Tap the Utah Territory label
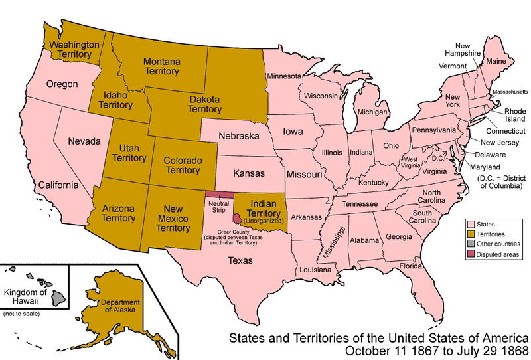[129, 152]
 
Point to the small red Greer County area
[236, 219]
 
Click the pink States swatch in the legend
[472, 225]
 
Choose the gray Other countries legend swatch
[472, 244]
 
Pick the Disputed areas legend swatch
[472, 254]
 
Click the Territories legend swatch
[472, 234]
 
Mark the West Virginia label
[411, 164]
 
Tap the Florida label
[412, 266]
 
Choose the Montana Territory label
[161, 66]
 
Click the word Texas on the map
[240, 261]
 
